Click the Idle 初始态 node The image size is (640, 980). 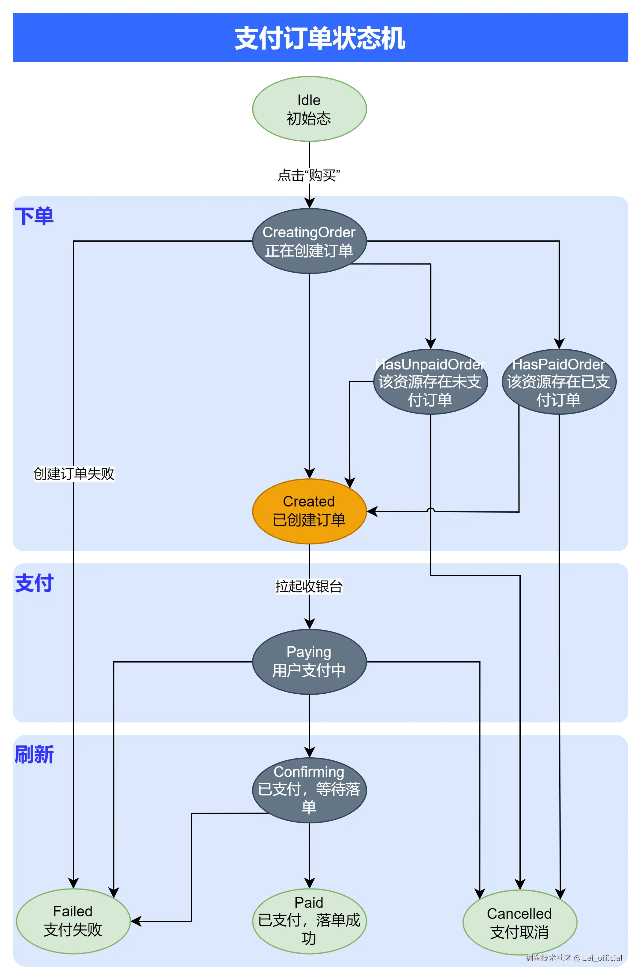click(309, 109)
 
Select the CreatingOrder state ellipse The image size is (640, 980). click(309, 241)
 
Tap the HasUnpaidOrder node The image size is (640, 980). click(430, 382)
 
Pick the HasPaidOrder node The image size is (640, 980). click(559, 382)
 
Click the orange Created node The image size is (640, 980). click(309, 511)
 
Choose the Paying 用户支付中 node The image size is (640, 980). click(309, 662)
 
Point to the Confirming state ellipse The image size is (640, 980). click(309, 790)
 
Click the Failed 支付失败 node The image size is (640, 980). click(73, 921)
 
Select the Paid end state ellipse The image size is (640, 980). click(309, 921)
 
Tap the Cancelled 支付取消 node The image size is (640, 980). click(519, 923)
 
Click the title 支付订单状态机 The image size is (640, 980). click(320, 38)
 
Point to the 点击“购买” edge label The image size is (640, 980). click(308, 175)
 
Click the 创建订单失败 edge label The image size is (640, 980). click(74, 473)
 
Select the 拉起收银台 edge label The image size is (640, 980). click(309, 586)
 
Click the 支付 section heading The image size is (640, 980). click(34, 583)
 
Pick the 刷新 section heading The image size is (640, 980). click(34, 754)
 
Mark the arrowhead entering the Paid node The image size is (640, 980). click(309, 884)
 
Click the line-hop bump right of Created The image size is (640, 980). click(430, 510)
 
